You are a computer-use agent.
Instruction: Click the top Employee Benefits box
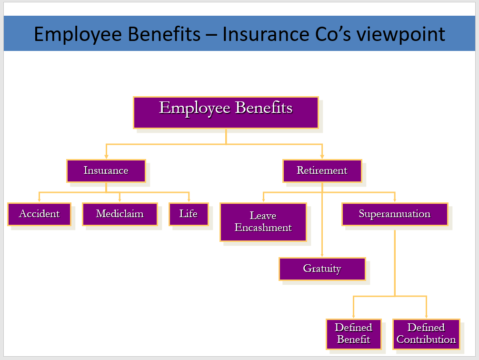click(x=226, y=112)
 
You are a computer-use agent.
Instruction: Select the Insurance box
click(x=106, y=171)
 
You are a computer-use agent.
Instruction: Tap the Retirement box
click(x=322, y=171)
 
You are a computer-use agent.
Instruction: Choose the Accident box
click(x=40, y=214)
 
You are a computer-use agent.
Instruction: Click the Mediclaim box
click(x=120, y=214)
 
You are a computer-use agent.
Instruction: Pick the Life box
click(x=189, y=214)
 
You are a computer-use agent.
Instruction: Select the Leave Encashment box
click(x=263, y=222)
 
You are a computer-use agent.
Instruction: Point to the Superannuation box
click(x=395, y=214)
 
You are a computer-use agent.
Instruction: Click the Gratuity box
click(x=322, y=269)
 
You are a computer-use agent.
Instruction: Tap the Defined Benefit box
click(x=354, y=334)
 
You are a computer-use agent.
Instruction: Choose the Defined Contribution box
click(x=426, y=334)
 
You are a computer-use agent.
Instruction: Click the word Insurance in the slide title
click(x=266, y=34)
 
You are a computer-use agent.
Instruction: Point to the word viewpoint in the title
click(x=401, y=35)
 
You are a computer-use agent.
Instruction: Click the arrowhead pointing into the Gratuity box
click(x=322, y=255)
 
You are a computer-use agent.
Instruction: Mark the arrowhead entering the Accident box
click(x=39, y=200)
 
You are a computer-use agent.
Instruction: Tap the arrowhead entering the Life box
click(x=189, y=200)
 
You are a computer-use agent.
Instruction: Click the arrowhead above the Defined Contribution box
click(x=426, y=316)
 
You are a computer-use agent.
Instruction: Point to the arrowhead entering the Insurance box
click(x=106, y=157)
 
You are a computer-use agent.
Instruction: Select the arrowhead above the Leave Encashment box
click(x=263, y=200)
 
